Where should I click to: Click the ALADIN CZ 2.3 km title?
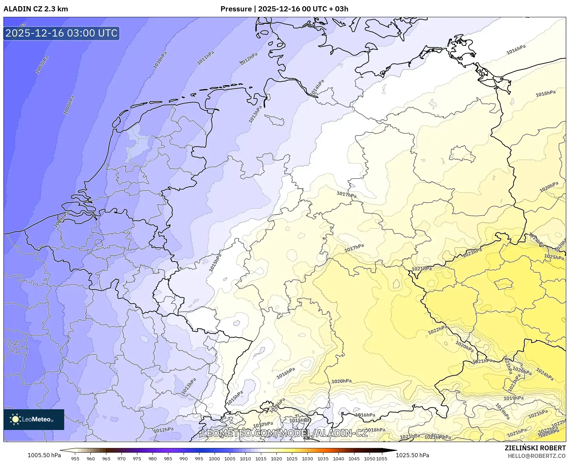tap(36, 9)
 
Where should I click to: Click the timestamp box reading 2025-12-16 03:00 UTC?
tap(61, 33)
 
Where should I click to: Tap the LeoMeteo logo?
tap(33, 419)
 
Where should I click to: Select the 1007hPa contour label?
tap(42, 64)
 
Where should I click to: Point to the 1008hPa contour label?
tap(69, 105)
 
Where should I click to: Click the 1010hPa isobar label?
tap(160, 60)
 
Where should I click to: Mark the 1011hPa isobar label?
tap(205, 58)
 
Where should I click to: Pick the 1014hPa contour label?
tap(317, 88)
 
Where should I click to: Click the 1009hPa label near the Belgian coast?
tap(61, 220)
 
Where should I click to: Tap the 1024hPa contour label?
tap(545, 375)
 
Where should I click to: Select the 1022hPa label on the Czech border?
tap(438, 330)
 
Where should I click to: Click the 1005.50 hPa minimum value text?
tap(44, 455)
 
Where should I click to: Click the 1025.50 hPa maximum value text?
tap(412, 455)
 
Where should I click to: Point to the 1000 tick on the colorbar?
tap(214, 459)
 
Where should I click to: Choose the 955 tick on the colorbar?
tap(75, 459)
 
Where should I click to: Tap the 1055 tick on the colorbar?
tap(382, 459)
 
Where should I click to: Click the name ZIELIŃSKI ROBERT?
tap(535, 448)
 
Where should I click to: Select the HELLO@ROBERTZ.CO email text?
tap(537, 456)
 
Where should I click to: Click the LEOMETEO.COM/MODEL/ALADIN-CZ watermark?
tap(285, 433)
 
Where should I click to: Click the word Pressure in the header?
tap(236, 9)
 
